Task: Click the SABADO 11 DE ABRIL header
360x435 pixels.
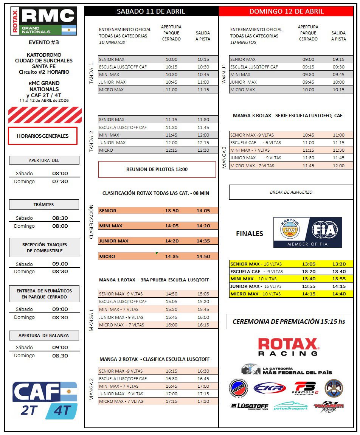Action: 151,11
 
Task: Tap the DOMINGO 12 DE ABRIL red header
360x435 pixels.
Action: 286,11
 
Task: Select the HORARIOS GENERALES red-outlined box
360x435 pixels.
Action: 43,136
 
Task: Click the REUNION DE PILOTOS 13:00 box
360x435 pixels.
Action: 157,169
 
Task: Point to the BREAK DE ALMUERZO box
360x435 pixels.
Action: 291,192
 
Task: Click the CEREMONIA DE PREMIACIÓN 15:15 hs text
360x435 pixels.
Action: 289,322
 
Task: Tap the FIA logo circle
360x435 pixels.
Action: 325,230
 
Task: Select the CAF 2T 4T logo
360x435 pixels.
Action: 45,400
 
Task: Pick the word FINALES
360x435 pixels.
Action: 250,234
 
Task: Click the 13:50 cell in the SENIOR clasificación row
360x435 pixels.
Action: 172,211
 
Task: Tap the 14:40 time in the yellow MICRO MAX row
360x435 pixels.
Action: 338,294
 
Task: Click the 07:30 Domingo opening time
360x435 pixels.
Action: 60,182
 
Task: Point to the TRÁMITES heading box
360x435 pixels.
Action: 44,205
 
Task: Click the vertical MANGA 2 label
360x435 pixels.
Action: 91,390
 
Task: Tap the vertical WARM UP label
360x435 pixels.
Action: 224,75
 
